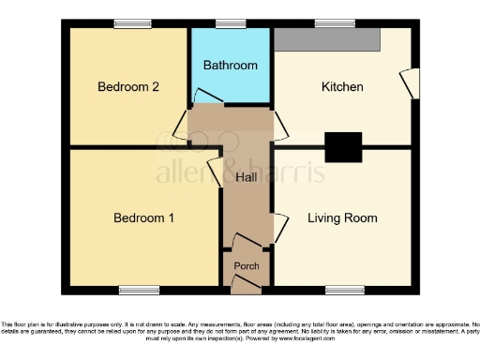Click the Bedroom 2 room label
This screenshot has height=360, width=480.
pos(128,87)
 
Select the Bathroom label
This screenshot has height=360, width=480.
pos(231,66)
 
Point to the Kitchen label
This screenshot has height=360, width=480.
pos(342,87)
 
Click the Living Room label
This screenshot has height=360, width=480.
pos(342,218)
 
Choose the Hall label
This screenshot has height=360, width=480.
pos(247,177)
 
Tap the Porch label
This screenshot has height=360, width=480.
pos(247,266)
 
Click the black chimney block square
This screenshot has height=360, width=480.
pos(343,147)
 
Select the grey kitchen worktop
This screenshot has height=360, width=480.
pos(327,38)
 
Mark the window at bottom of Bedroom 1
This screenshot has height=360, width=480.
pos(137,290)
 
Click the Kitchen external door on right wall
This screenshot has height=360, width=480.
pos(408,82)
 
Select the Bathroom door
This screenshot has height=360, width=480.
pos(202,97)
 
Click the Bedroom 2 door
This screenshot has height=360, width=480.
pos(181,124)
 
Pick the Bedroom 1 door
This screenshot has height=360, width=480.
pos(213,172)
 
